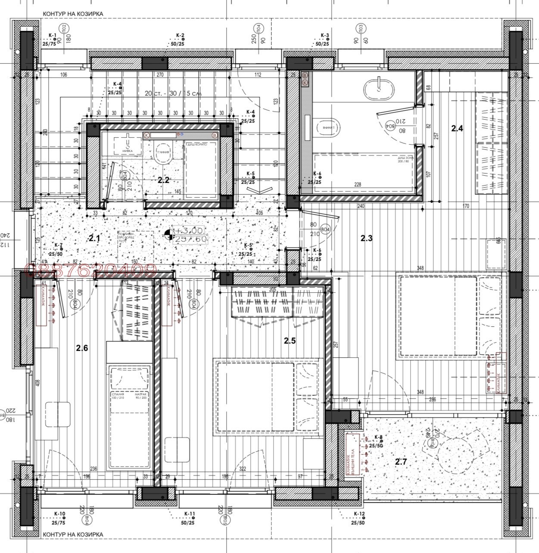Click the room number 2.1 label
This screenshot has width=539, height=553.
tap(94, 238)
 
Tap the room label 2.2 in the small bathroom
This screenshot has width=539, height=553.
tap(163, 180)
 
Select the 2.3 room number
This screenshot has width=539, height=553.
tap(366, 238)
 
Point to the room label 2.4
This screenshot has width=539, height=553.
tap(457, 128)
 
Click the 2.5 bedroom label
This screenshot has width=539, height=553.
tap(290, 341)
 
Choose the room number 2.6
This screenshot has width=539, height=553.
tap(82, 348)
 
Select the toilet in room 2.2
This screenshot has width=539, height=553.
tap(162, 156)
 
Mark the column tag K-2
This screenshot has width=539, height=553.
tap(180, 35)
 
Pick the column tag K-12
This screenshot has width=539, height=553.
tap(359, 514)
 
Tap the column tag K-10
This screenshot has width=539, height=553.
tap(59, 514)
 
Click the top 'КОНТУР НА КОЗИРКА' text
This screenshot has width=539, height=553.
tap(73, 14)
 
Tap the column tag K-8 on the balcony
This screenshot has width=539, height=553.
tap(378, 438)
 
